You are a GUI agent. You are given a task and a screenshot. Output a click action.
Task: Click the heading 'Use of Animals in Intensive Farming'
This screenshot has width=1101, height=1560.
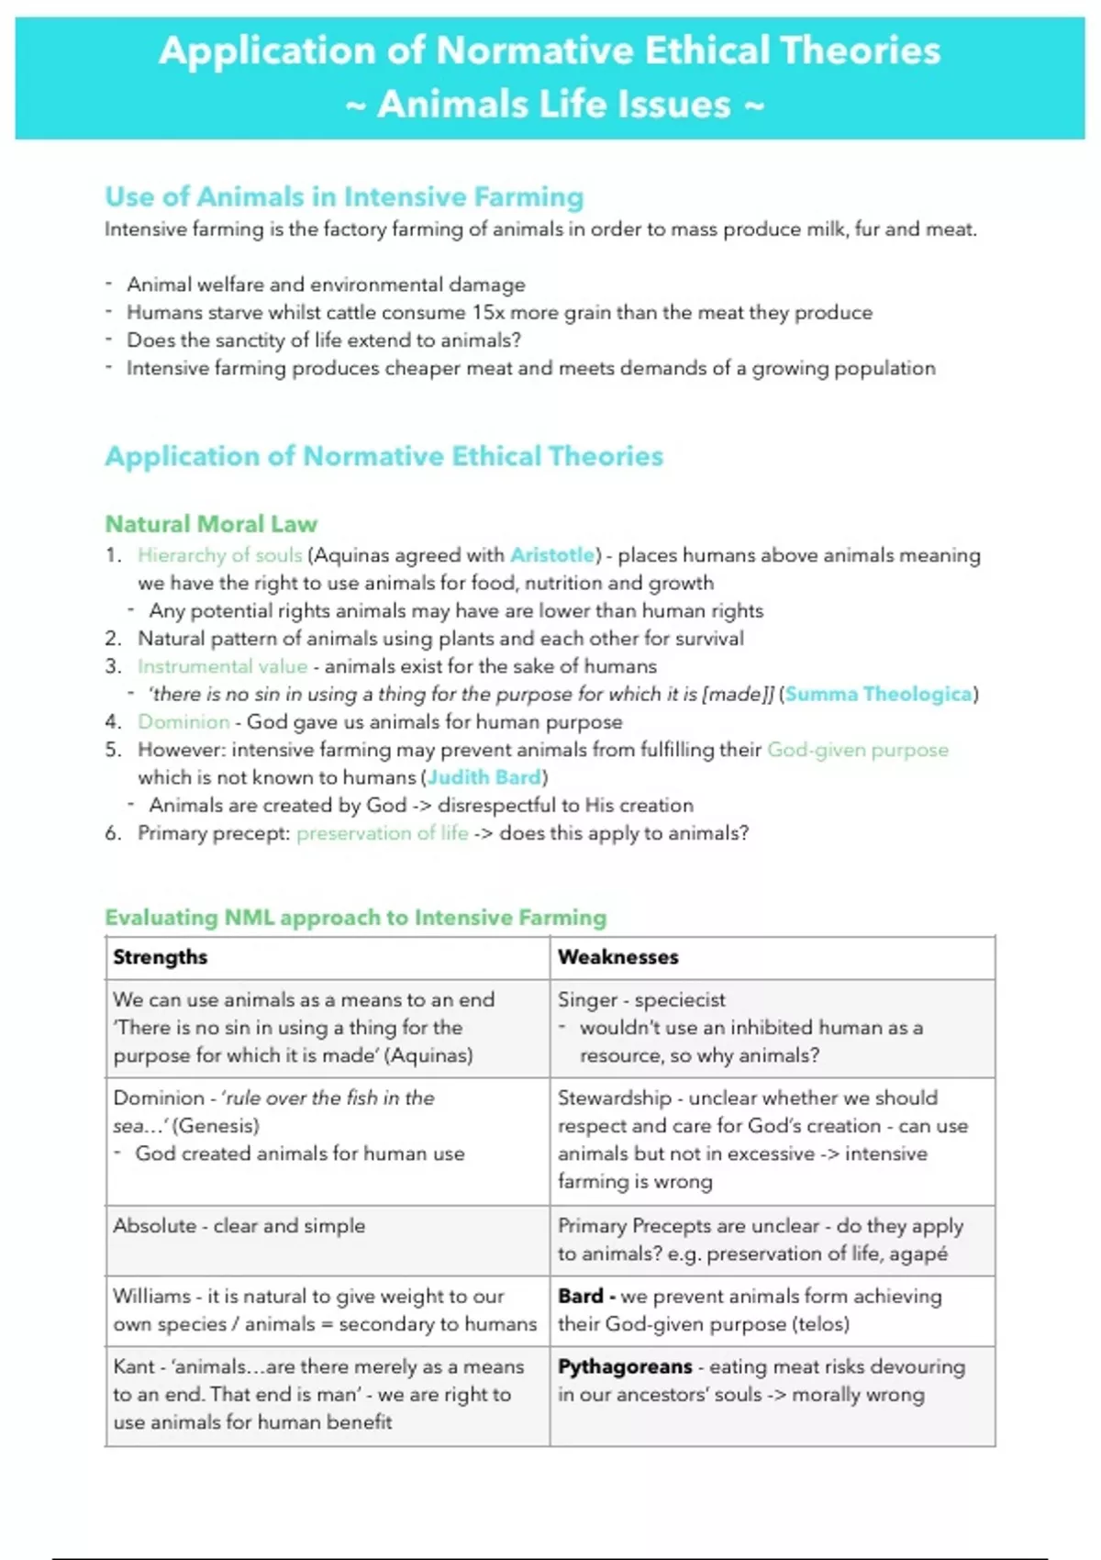coord(344,196)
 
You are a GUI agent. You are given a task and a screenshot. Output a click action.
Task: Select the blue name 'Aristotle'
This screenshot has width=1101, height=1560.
coord(552,555)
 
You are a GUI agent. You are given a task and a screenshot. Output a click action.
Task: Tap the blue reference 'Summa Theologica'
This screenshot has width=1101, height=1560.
coord(878,694)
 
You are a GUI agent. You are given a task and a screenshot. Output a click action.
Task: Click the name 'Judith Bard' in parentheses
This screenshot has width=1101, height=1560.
coord(484,777)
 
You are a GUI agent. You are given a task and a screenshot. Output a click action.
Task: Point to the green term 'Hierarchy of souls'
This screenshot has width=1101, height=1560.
coord(219,555)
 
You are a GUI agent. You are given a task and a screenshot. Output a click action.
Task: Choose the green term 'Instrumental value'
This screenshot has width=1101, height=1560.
coord(222,666)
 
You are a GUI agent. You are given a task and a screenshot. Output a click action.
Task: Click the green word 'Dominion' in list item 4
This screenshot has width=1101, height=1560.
coord(183,722)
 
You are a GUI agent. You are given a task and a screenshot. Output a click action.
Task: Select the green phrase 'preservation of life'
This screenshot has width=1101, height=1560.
coord(382,833)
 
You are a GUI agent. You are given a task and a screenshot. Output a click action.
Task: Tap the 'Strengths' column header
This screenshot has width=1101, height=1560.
coord(161,957)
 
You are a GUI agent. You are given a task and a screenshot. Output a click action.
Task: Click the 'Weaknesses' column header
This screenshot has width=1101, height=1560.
coord(617,957)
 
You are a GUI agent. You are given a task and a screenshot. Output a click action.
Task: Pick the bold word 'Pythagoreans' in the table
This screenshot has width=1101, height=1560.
coord(625,1366)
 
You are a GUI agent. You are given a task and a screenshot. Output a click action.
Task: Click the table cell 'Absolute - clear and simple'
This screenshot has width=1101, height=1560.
coord(239,1226)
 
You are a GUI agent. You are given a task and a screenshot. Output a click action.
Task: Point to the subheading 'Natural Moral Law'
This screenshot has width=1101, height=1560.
coord(211,524)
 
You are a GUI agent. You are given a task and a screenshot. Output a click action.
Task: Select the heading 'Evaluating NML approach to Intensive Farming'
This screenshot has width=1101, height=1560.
coord(355,918)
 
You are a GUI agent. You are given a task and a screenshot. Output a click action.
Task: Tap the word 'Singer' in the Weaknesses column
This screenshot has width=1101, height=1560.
coord(587,999)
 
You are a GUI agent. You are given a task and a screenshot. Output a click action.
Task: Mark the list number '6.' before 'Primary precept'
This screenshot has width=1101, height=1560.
coord(113,833)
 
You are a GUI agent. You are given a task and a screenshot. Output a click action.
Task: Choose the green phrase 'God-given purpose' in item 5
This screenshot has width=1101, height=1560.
coord(857,750)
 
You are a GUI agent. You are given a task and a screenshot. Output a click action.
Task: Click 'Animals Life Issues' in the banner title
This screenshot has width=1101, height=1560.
coord(554,105)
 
